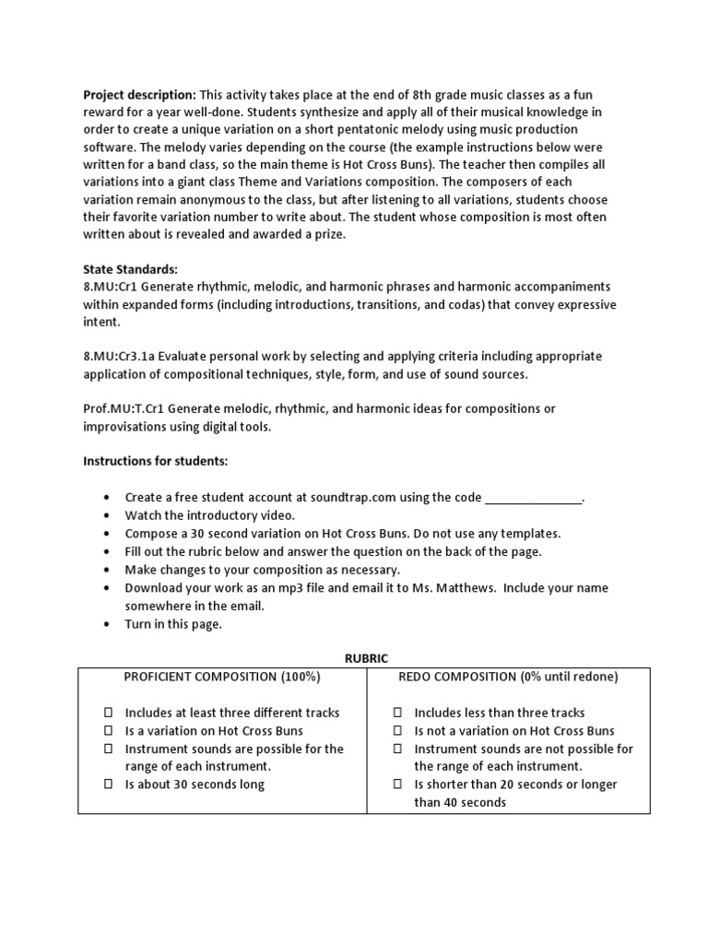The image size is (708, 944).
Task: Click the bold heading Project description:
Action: (x=139, y=94)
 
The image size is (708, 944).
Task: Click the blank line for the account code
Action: (x=534, y=498)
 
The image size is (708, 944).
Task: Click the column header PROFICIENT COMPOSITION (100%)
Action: (x=222, y=677)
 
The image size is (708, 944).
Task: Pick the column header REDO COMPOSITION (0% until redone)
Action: (x=508, y=677)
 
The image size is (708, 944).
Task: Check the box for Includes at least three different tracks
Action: (x=108, y=713)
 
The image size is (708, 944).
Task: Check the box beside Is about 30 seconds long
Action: (x=108, y=785)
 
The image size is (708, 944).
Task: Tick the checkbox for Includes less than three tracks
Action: (x=397, y=713)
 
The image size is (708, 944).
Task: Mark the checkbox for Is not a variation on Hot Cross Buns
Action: (x=397, y=731)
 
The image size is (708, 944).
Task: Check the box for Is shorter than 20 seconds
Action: (x=397, y=785)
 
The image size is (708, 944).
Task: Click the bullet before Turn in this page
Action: (x=107, y=624)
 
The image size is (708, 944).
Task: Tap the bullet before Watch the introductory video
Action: (x=107, y=515)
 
